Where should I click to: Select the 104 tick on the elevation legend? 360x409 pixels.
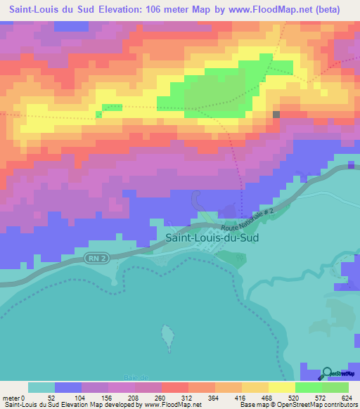(x=82, y=398)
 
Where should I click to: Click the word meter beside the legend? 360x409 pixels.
(x=9, y=398)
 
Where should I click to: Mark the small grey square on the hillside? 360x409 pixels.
(x=276, y=114)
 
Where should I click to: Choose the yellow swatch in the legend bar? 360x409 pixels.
(x=281, y=387)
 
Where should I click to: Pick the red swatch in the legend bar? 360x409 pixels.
(x=174, y=387)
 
